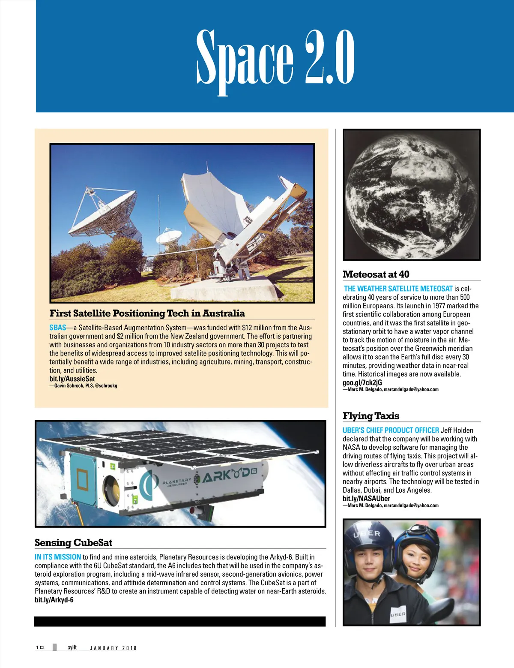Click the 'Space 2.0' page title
(275, 58)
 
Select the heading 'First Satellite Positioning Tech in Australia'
(147, 313)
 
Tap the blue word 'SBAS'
(58, 328)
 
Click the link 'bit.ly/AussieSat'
(72, 379)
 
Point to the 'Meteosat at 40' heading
(376, 274)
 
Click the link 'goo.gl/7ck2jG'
(362, 382)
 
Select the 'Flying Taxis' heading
(371, 416)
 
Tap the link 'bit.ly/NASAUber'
(366, 498)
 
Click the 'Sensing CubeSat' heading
(73, 543)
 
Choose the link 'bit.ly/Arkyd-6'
(54, 599)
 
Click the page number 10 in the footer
(40, 647)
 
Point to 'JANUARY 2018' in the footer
(113, 648)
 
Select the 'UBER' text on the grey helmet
(367, 534)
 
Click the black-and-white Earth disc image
(411, 195)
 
